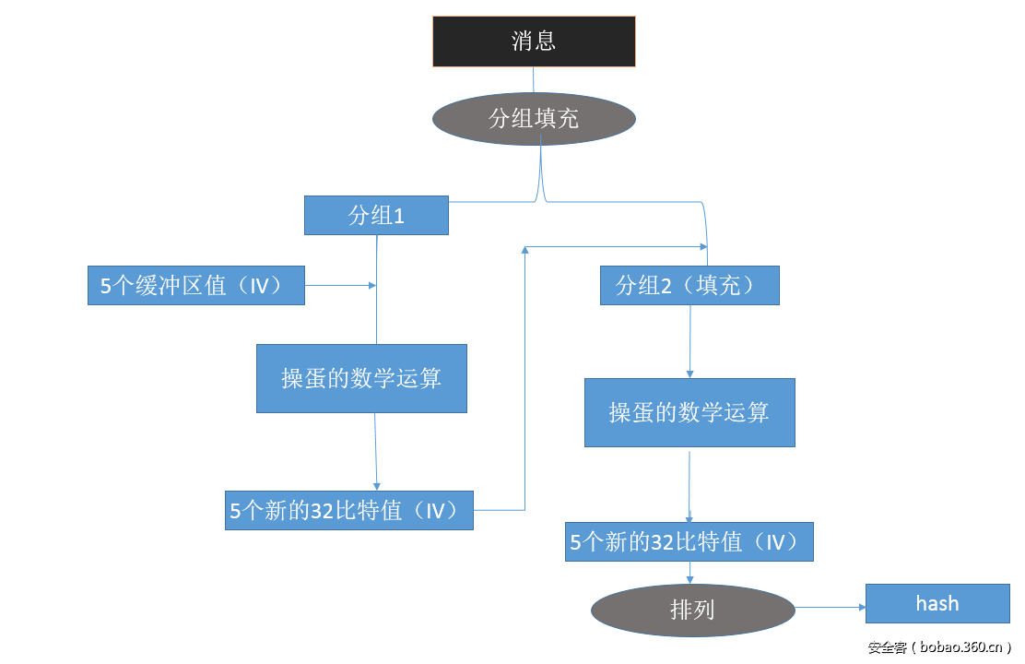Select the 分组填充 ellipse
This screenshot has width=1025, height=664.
pyautogui.click(x=534, y=119)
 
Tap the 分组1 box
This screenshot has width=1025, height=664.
pyautogui.click(x=376, y=215)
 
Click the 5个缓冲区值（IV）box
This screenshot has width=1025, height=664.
pyautogui.click(x=195, y=286)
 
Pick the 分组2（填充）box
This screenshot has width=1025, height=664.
pyautogui.click(x=689, y=285)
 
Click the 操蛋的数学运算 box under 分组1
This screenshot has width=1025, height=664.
pyautogui.click(x=361, y=378)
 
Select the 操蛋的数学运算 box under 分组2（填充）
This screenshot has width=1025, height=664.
pyautogui.click(x=689, y=412)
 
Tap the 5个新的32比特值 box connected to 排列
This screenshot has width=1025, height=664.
pyautogui.click(x=689, y=541)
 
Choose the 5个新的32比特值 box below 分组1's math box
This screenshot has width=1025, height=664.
pyautogui.click(x=348, y=510)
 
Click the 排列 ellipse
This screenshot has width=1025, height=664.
pyautogui.click(x=692, y=610)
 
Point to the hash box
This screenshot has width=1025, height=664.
pyautogui.click(x=937, y=604)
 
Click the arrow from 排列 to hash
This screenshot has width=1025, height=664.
pyautogui.click(x=830, y=608)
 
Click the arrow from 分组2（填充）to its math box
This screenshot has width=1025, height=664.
pyautogui.click(x=689, y=341)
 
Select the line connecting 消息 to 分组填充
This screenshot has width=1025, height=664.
pyautogui.click(x=534, y=79)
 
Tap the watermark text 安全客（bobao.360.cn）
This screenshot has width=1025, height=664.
pyautogui.click(x=940, y=648)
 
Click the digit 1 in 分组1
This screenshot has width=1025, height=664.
pyautogui.click(x=399, y=216)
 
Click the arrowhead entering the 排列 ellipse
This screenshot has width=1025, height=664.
pyautogui.click(x=690, y=578)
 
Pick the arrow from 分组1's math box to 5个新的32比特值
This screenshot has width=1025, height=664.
pyautogui.click(x=375, y=452)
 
